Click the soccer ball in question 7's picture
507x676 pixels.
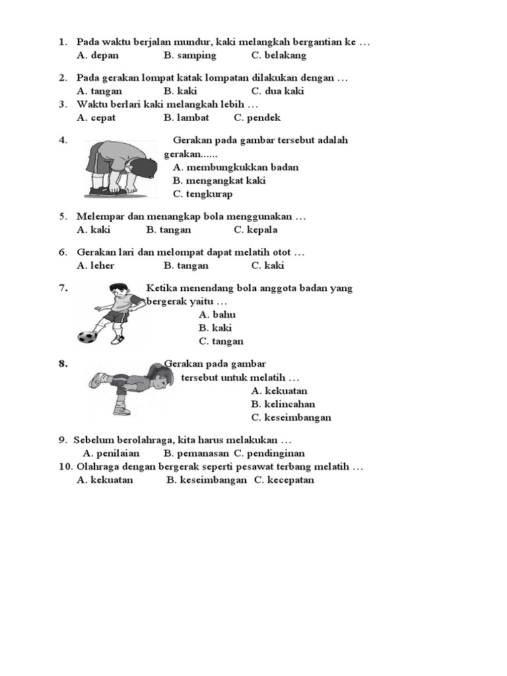pos(86,337)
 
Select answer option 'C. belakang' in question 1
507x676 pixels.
pos(279,55)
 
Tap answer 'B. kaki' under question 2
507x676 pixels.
pos(180,91)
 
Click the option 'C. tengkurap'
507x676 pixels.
pos(203,194)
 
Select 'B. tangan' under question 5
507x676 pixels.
pos(168,230)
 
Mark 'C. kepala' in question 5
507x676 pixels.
pos(255,230)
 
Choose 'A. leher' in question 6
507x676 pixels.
pos(96,265)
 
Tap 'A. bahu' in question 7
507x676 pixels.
pos(217,314)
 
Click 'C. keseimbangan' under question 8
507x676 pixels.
pos(291,417)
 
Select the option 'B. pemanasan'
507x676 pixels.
pos(196,454)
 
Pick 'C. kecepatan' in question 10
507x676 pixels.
pos(285,480)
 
